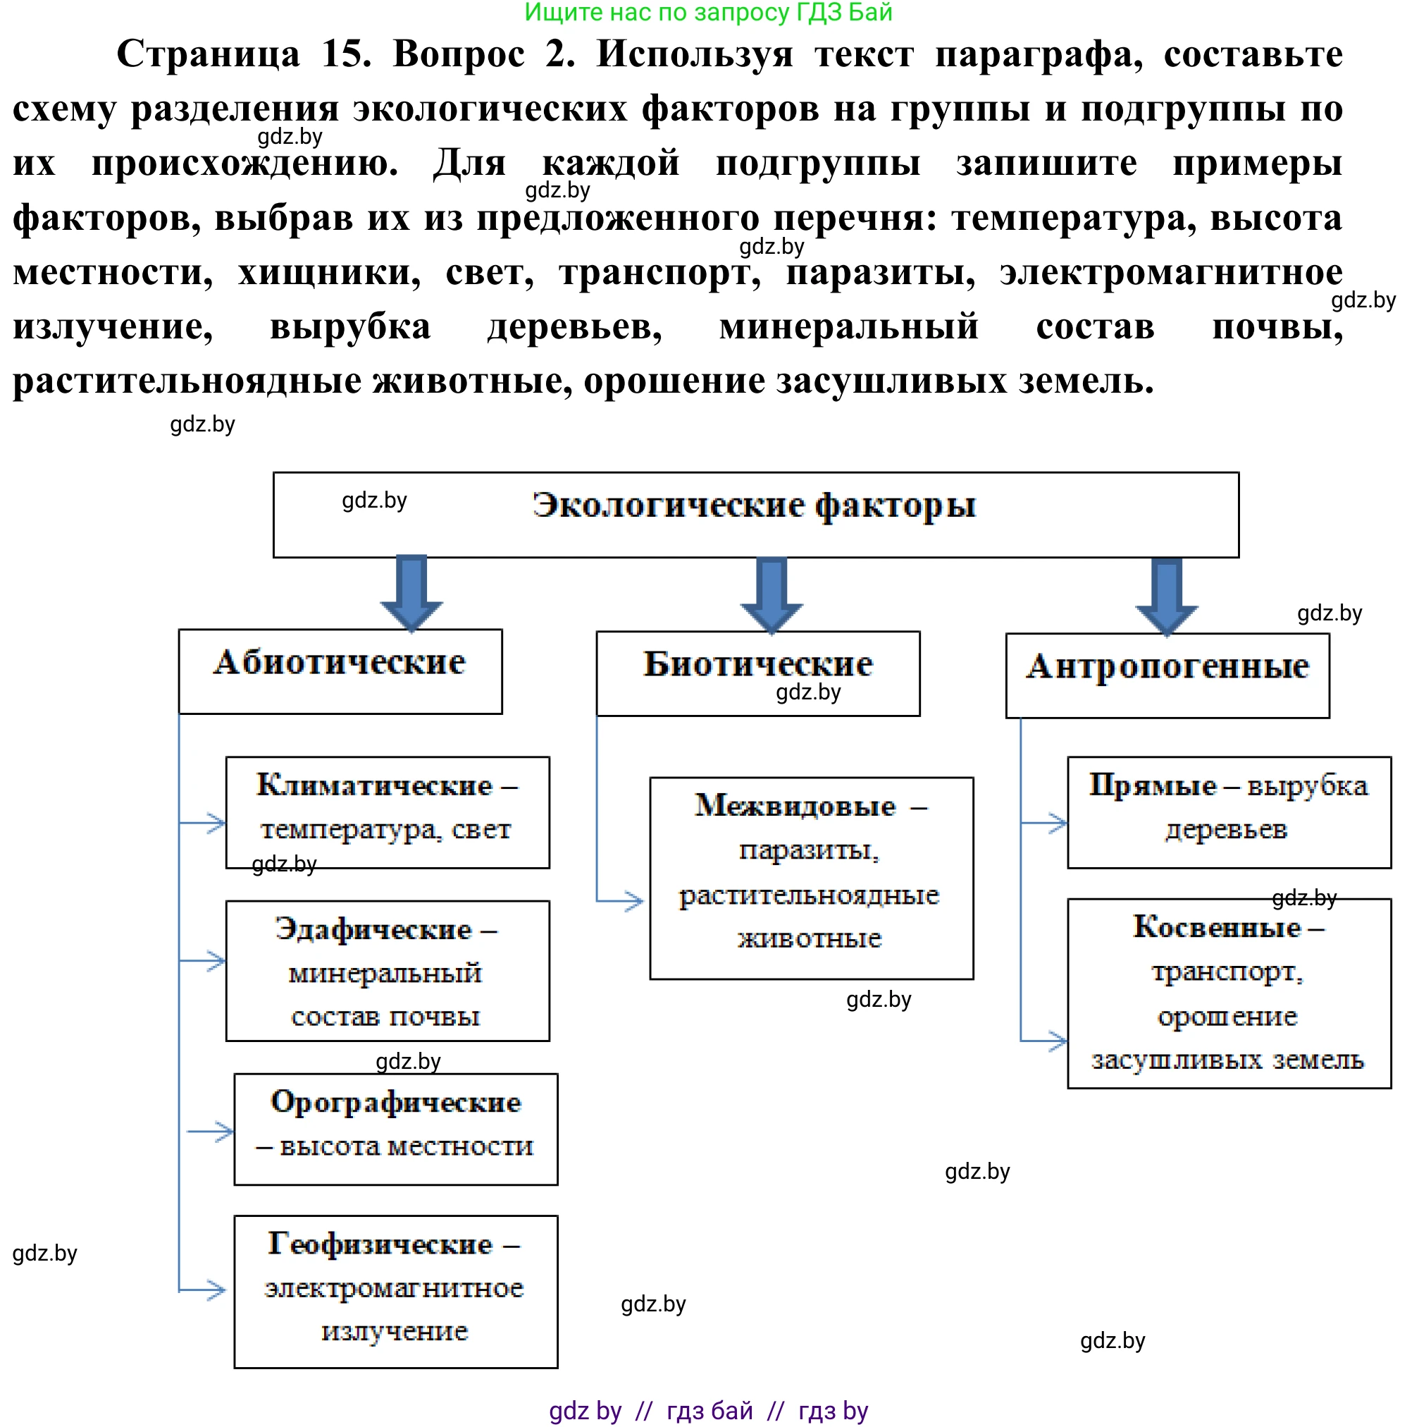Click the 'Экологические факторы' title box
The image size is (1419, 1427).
click(x=755, y=514)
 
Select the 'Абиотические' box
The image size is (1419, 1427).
click(x=340, y=670)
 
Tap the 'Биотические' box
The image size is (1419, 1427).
click(x=757, y=673)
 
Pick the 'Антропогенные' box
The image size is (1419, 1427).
click(x=1167, y=675)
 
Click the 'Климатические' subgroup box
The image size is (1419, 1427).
click(x=387, y=812)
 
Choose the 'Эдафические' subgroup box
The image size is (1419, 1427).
click(x=387, y=971)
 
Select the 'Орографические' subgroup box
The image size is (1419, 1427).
click(x=395, y=1129)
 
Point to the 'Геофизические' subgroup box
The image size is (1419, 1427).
click(x=395, y=1291)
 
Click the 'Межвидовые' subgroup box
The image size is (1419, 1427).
click(x=811, y=878)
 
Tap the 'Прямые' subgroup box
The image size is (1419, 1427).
click(x=1229, y=812)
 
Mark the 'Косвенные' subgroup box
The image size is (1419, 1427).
click(x=1229, y=993)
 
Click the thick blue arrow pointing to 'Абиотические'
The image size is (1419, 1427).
click(x=411, y=592)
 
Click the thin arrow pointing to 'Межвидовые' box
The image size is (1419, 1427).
click(x=624, y=901)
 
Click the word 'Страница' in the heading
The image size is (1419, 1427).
click(x=208, y=54)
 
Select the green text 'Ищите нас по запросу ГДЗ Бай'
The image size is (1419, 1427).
click(x=708, y=13)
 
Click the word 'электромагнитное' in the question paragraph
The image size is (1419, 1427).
click(x=1170, y=273)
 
